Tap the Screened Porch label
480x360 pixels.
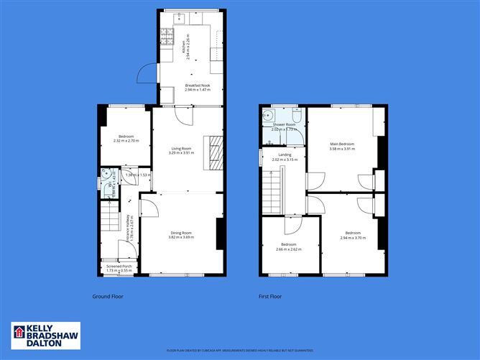click(119, 266)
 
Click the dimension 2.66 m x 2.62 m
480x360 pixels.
click(288, 249)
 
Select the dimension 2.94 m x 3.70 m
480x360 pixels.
click(352, 237)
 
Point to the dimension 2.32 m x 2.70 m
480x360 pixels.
click(124, 141)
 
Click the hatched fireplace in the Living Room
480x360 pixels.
click(214, 152)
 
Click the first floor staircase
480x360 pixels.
click(272, 193)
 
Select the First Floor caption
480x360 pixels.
click(270, 296)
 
